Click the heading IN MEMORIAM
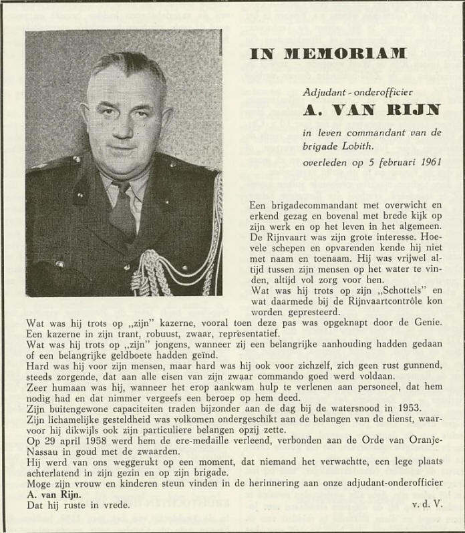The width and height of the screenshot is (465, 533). (x=327, y=54)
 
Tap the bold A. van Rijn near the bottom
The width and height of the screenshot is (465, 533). (x=53, y=495)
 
